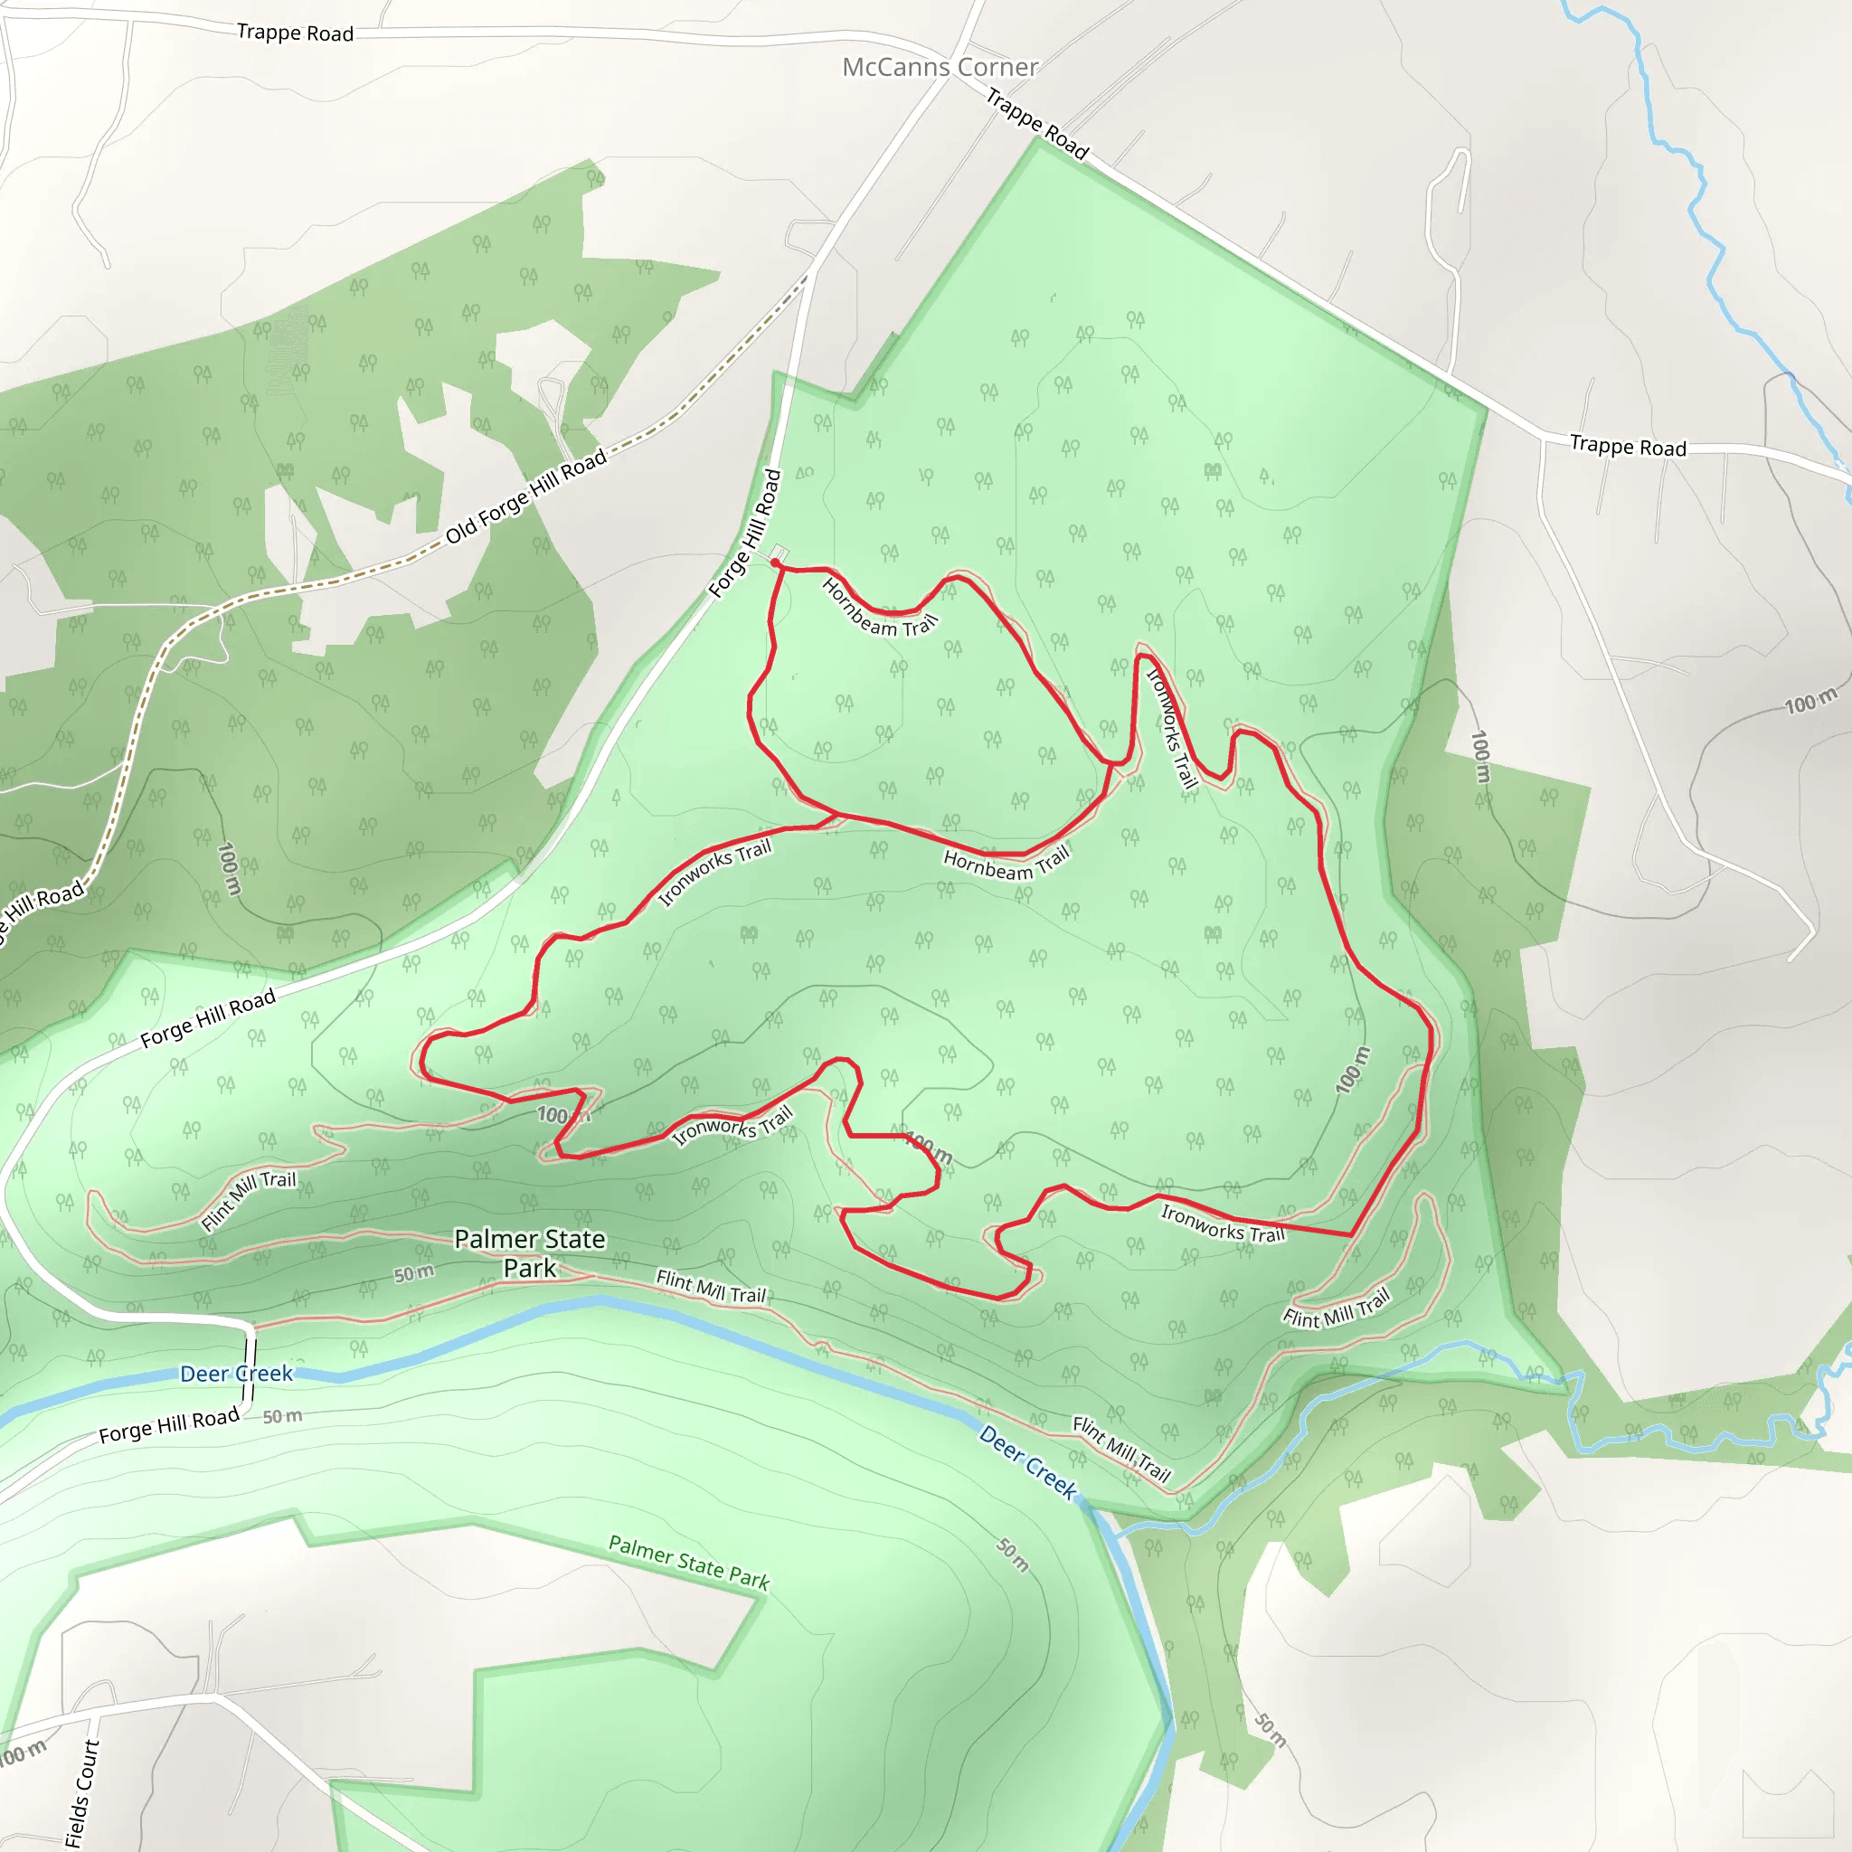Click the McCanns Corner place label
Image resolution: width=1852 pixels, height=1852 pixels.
(940, 67)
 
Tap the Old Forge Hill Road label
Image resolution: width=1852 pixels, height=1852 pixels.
(526, 496)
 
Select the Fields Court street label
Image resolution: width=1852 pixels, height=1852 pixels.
(83, 1792)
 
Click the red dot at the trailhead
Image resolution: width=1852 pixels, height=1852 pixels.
(775, 562)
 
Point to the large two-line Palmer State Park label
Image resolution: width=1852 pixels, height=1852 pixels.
(529, 1252)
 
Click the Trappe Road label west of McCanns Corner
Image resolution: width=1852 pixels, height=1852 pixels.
(295, 33)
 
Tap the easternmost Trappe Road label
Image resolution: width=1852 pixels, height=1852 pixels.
(1628, 446)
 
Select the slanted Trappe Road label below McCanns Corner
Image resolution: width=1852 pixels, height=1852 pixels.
(1037, 124)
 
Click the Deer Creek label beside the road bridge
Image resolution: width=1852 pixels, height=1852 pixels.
(236, 1374)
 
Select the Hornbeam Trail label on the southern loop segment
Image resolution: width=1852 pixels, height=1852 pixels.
(1006, 863)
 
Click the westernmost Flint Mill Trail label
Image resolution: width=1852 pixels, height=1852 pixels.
(249, 1199)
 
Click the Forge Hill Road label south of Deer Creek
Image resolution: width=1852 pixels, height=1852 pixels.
(169, 1425)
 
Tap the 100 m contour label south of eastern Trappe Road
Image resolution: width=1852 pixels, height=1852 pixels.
(1809, 701)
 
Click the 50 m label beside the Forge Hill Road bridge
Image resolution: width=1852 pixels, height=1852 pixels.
(282, 1416)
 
